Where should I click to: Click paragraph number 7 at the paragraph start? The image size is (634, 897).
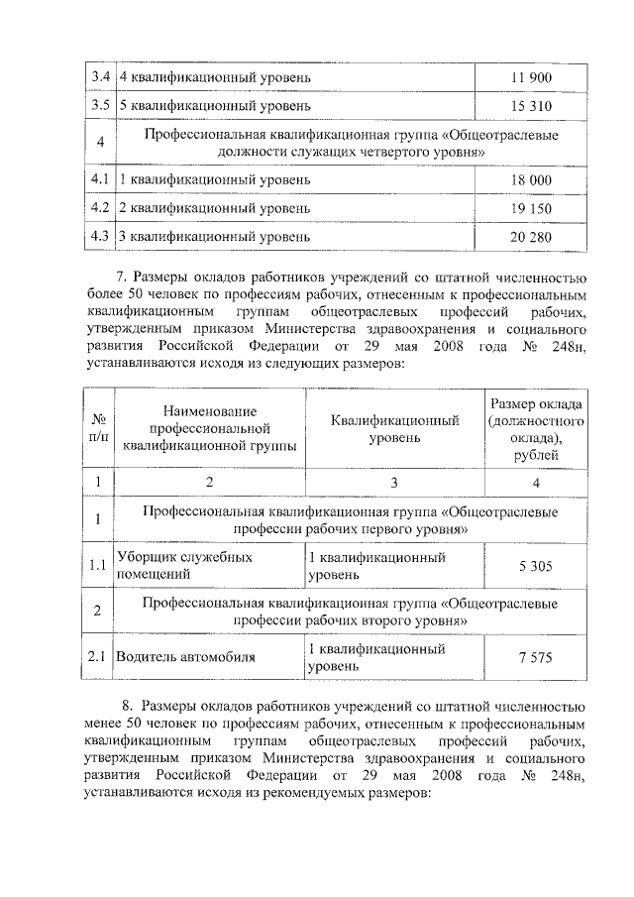[x=122, y=278]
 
